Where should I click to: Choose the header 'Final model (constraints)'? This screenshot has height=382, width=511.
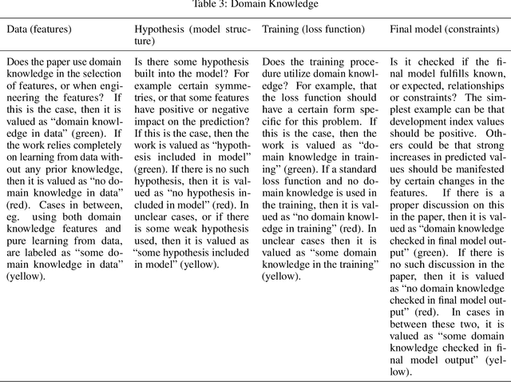[443, 30]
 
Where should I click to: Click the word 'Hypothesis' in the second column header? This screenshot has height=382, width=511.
[158, 30]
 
